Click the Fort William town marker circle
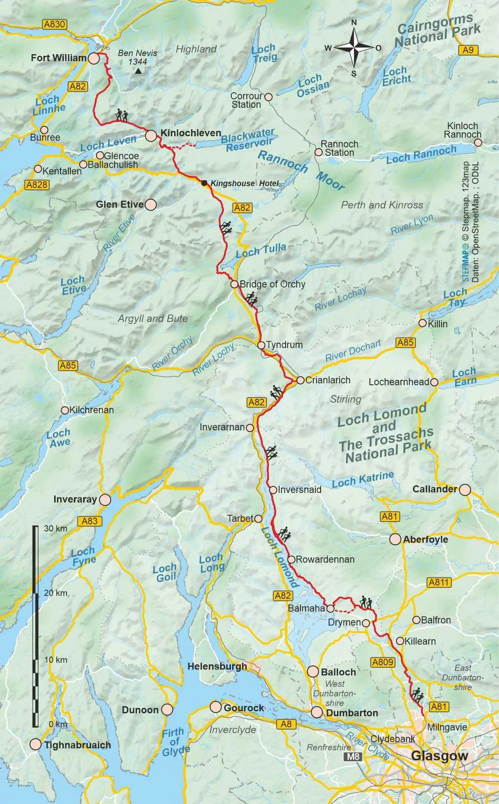(94, 58)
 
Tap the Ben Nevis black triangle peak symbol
(138, 72)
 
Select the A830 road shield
(55, 24)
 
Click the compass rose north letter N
(354, 23)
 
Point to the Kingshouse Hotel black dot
(204, 183)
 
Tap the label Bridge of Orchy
(272, 284)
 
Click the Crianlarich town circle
(300, 380)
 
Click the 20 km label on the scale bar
(55, 593)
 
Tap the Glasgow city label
(439, 756)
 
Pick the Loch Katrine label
(362, 479)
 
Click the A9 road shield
(468, 50)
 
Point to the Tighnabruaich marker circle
(36, 744)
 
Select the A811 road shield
(439, 582)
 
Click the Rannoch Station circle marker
(319, 152)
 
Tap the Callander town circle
(465, 489)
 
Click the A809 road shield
(382, 662)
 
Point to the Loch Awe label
(59, 438)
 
